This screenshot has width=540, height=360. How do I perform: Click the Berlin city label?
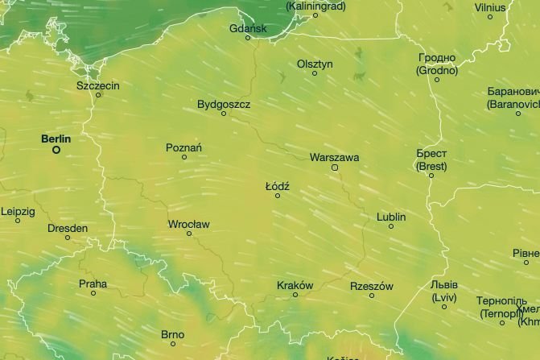tap(56, 139)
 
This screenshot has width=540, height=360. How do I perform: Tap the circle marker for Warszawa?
tap(335, 168)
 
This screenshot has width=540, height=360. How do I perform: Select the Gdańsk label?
tap(247, 28)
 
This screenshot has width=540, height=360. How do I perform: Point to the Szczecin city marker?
tap(99, 95)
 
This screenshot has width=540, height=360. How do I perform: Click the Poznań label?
tap(183, 147)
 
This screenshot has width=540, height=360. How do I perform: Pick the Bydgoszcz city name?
tap(224, 105)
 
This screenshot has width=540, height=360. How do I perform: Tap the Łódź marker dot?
tap(278, 196)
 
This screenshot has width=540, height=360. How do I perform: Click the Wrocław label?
tap(189, 224)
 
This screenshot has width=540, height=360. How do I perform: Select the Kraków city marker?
tap(295, 295)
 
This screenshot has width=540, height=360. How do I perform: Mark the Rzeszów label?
tap(372, 286)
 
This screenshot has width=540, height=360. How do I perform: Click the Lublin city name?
tap(391, 217)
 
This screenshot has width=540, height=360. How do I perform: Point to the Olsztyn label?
tap(315, 64)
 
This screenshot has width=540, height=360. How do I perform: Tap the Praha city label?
tap(93, 283)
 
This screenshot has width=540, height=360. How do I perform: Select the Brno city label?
tap(172, 333)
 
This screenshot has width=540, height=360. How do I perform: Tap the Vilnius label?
tap(490, 6)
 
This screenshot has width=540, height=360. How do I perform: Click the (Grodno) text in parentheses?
tap(437, 70)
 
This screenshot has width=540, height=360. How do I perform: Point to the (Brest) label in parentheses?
tap(431, 166)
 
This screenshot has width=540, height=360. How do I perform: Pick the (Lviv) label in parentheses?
tap(444, 297)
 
